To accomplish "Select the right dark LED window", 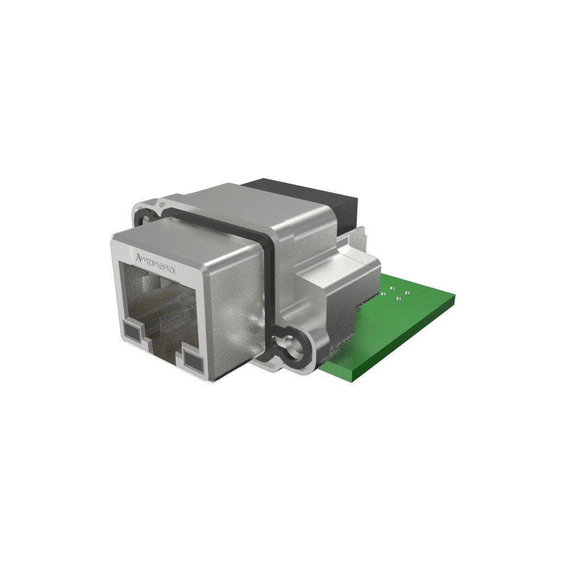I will pyautogui.click(x=192, y=360).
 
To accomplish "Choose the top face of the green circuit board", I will pyautogui.click(x=406, y=324).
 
